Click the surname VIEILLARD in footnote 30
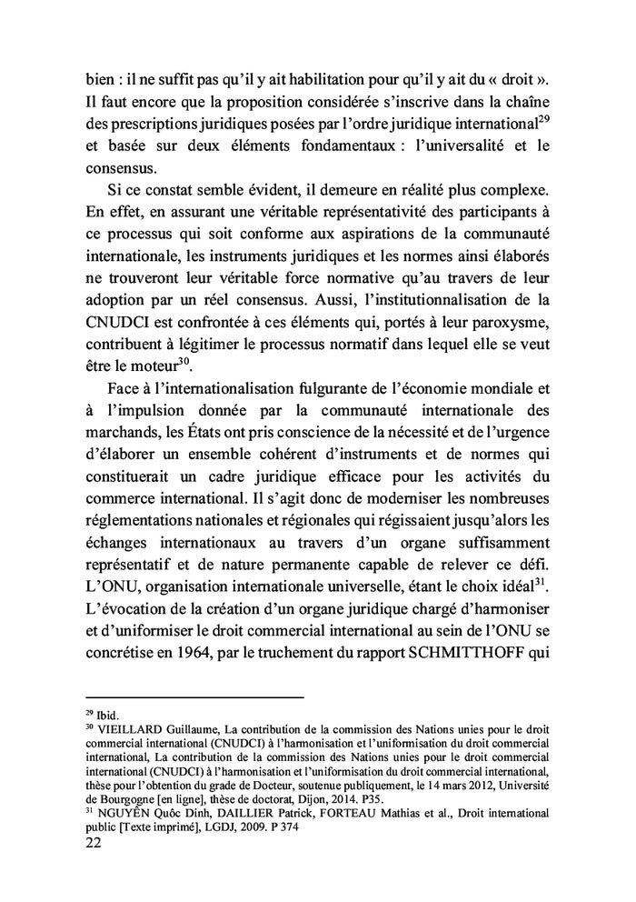(x=125, y=728)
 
